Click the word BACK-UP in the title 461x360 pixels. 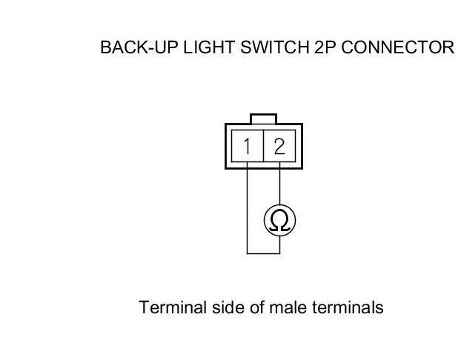pyautogui.click(x=131, y=49)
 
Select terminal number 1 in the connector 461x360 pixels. pyautogui.click(x=246, y=146)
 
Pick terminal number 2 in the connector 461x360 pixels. pyautogui.click(x=279, y=146)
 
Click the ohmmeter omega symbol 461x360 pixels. pyautogui.click(x=279, y=220)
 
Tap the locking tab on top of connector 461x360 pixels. pyautogui.click(x=263, y=119)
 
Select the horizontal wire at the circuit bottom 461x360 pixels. pyautogui.click(x=263, y=253)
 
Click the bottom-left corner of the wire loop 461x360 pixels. pyautogui.click(x=247, y=253)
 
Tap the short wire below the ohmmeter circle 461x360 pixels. pyautogui.click(x=279, y=244)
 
